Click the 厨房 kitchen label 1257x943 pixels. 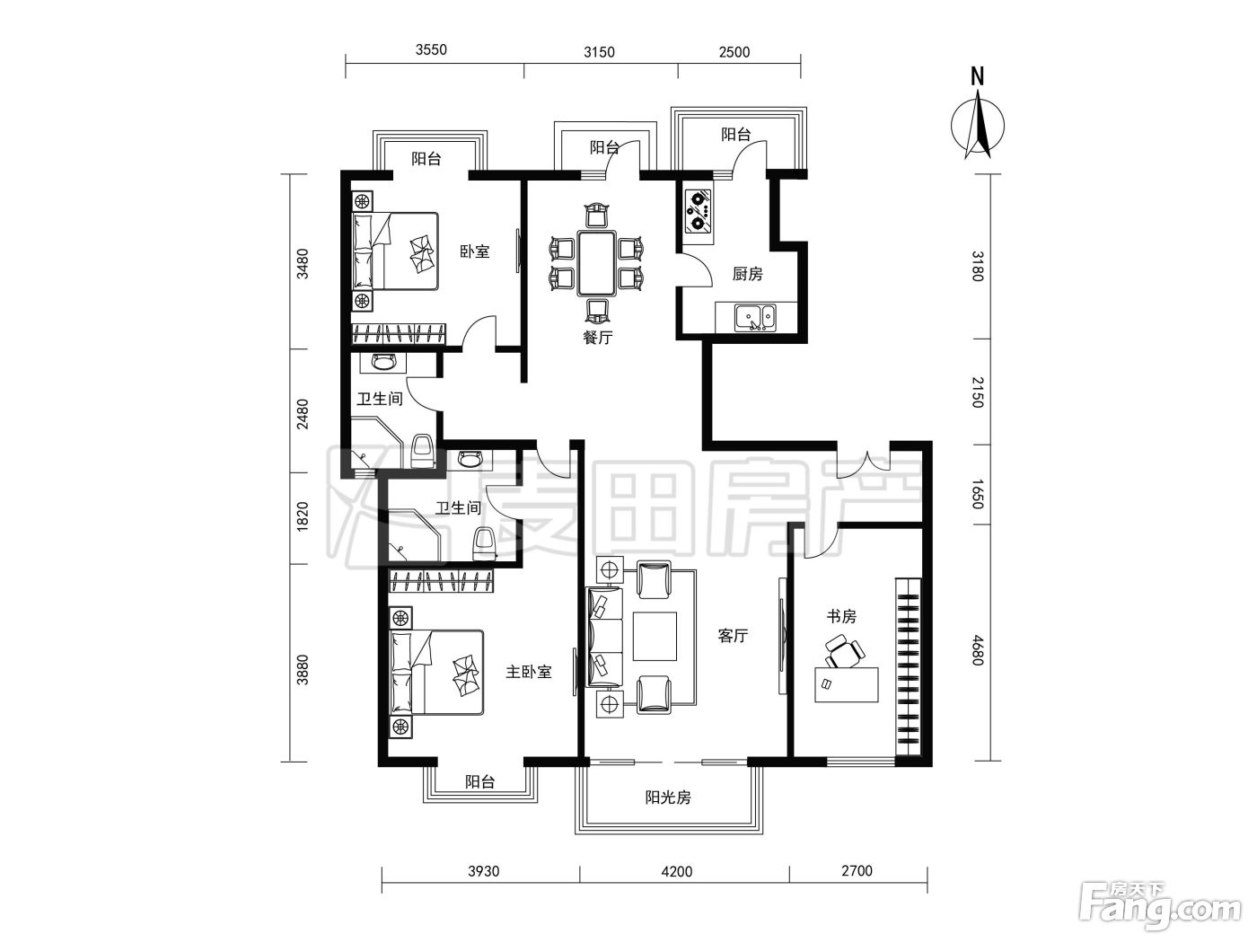(x=747, y=274)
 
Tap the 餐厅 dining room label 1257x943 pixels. (x=597, y=338)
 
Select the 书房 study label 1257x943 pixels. (x=841, y=617)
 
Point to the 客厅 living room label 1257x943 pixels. (x=733, y=636)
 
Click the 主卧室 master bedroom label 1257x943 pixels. (x=528, y=672)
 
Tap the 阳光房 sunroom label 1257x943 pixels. (x=668, y=797)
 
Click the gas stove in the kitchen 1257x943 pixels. (x=699, y=210)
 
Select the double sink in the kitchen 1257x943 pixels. (x=755, y=318)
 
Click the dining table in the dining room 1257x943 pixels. (x=596, y=262)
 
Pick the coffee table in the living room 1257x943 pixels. (x=655, y=636)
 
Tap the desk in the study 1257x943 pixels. (x=847, y=684)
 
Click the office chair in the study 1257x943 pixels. (x=844, y=651)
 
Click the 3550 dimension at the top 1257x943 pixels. (x=431, y=49)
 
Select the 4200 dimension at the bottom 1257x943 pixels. (x=677, y=872)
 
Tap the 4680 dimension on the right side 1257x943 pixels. (x=978, y=650)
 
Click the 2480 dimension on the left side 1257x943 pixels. (x=302, y=414)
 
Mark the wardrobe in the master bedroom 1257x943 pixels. (x=441, y=581)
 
